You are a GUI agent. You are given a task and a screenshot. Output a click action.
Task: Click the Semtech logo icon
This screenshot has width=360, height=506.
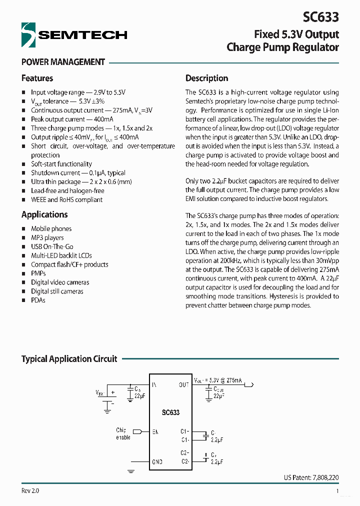[28, 35]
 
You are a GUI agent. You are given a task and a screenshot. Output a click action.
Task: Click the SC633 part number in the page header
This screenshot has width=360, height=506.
[320, 17]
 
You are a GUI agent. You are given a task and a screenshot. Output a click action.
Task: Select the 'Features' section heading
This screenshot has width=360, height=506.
[37, 78]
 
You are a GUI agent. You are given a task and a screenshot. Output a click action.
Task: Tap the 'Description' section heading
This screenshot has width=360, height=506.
[206, 78]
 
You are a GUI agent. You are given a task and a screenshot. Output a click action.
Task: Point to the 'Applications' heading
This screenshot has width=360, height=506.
[44, 214]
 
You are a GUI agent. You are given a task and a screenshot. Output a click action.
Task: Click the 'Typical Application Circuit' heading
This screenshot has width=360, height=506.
[69, 359]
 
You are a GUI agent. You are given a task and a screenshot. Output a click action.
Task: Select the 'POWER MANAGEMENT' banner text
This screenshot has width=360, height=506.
[63, 62]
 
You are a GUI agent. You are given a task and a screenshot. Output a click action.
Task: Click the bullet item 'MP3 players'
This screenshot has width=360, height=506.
[47, 237]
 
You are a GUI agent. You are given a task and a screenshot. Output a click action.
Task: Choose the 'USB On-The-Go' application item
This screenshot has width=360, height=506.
[52, 246]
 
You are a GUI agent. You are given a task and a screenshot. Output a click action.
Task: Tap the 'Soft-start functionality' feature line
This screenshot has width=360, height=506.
[61, 164]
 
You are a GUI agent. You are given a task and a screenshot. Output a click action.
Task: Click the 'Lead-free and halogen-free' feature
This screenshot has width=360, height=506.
[67, 190]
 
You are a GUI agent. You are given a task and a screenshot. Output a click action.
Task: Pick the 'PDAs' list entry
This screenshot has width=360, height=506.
[38, 300]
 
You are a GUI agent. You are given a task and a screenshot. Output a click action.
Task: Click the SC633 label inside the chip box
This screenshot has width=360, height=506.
[170, 412]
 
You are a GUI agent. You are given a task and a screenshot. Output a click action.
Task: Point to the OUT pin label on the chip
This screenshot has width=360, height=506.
[183, 384]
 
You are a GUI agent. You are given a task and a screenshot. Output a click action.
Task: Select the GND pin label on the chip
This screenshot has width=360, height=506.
[157, 462]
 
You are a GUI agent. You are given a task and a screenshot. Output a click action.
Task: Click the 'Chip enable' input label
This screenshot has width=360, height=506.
[122, 433]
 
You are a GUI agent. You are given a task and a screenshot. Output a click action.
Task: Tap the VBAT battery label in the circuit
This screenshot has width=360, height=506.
[99, 393]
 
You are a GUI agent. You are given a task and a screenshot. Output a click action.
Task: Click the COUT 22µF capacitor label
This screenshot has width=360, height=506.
[218, 391]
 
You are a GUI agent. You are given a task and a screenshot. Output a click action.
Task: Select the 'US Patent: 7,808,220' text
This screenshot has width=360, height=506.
[310, 477]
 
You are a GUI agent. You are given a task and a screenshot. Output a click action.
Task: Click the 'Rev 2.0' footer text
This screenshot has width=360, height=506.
[30, 491]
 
